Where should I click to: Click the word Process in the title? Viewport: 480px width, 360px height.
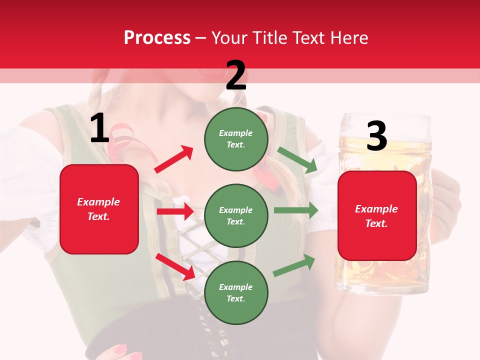pyautogui.click(x=157, y=37)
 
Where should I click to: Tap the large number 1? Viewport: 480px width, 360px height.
pyautogui.click(x=99, y=129)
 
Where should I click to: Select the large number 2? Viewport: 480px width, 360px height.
pyautogui.click(x=236, y=76)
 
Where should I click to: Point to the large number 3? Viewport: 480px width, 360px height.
pyautogui.click(x=376, y=136)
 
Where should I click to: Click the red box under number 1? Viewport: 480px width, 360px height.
pyautogui.click(x=99, y=209)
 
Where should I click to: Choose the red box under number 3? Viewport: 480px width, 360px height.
pyautogui.click(x=377, y=216)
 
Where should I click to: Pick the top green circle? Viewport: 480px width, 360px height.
pyautogui.click(x=236, y=138)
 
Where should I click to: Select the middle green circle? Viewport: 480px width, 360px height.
pyautogui.click(x=236, y=215)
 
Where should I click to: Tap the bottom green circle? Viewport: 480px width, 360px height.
pyautogui.click(x=236, y=292)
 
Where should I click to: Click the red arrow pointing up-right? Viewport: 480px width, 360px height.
pyautogui.click(x=173, y=159)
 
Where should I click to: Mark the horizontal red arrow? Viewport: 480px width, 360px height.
pyautogui.click(x=175, y=211)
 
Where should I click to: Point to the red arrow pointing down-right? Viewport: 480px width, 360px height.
pyautogui.click(x=175, y=266)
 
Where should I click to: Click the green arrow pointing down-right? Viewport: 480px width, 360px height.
pyautogui.click(x=297, y=160)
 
